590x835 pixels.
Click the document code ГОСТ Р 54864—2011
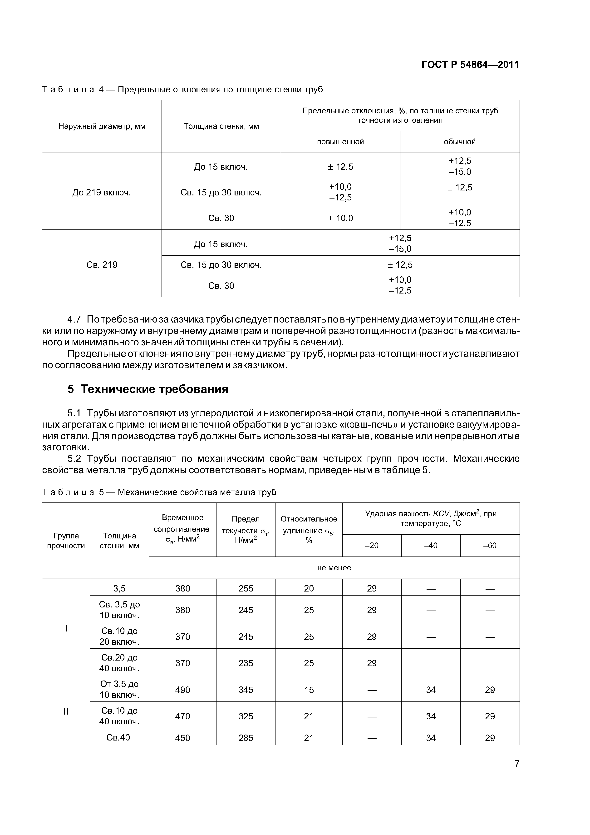coord(470,65)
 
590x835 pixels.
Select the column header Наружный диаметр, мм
coord(102,126)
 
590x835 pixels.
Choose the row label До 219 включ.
coord(102,192)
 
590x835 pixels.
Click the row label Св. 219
coord(102,265)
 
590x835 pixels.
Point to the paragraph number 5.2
coord(74,459)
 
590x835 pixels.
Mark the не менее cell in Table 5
coord(334,568)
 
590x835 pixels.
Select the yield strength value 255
coord(246,588)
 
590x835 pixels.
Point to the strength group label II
coord(66,711)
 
